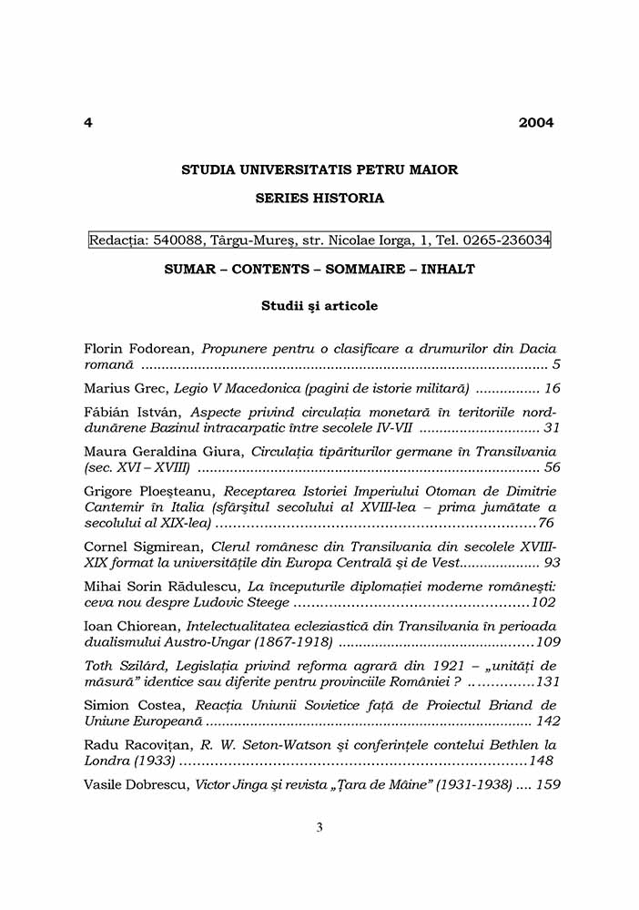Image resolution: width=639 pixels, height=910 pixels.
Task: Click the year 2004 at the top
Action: click(x=536, y=123)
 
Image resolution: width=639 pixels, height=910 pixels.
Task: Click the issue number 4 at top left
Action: click(x=87, y=123)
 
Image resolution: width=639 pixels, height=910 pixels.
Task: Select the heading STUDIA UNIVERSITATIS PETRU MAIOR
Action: click(x=319, y=169)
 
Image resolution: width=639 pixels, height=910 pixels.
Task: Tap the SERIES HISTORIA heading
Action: click(x=319, y=198)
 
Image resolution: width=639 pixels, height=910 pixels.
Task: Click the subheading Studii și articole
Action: click(x=319, y=306)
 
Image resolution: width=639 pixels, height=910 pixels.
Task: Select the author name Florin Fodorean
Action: click(x=138, y=349)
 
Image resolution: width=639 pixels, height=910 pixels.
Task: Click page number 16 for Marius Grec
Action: click(x=552, y=388)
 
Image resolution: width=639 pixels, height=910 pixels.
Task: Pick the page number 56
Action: click(x=552, y=467)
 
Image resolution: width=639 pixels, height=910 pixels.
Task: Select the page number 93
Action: click(x=552, y=562)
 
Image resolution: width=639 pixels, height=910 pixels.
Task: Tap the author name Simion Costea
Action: click(x=131, y=705)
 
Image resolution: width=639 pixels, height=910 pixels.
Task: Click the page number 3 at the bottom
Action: click(x=319, y=827)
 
